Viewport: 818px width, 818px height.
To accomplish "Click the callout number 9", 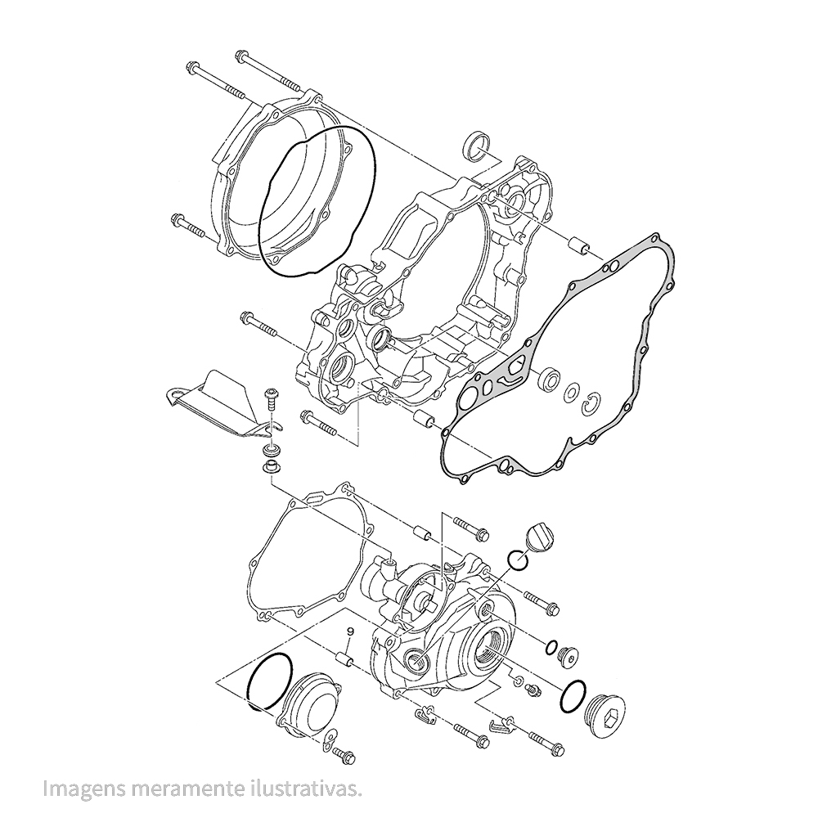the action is [350, 631].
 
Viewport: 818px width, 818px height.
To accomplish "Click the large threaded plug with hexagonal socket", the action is [609, 713].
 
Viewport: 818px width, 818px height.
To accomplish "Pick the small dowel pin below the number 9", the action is [346, 659].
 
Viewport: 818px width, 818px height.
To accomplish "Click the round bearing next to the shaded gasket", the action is [550, 380].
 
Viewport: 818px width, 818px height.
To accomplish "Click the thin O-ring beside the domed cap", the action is [270, 681].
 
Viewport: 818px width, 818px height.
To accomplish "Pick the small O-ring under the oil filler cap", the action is [518, 561].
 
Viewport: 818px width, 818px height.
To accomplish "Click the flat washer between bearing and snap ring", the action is [572, 393].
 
